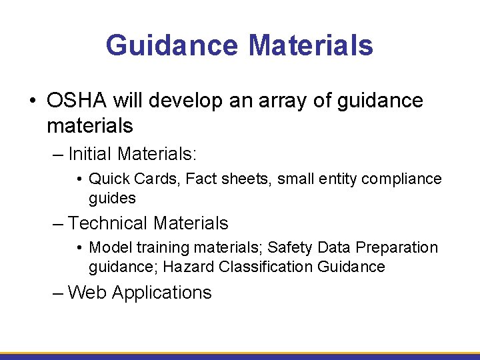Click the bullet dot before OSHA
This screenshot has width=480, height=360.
click(33, 101)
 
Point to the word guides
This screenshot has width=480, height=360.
click(112, 198)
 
